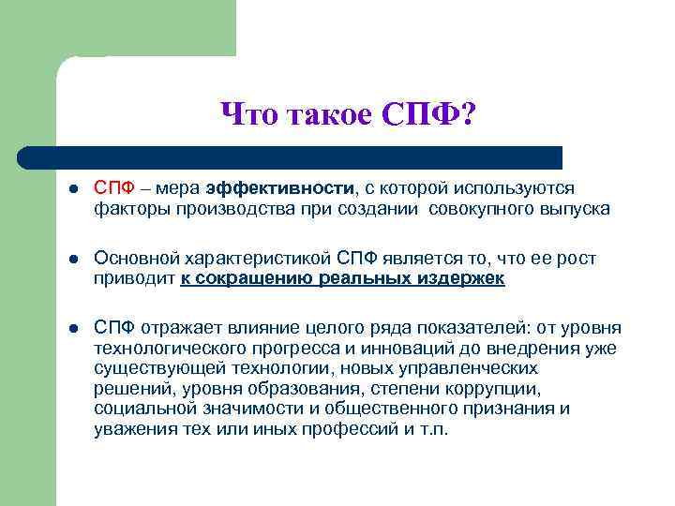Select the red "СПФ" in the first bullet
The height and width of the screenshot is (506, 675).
[x=112, y=187]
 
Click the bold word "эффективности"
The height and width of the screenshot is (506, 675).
[x=280, y=187]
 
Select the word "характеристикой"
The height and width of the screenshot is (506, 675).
[x=250, y=258]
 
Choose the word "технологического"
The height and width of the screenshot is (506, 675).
[x=165, y=348]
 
